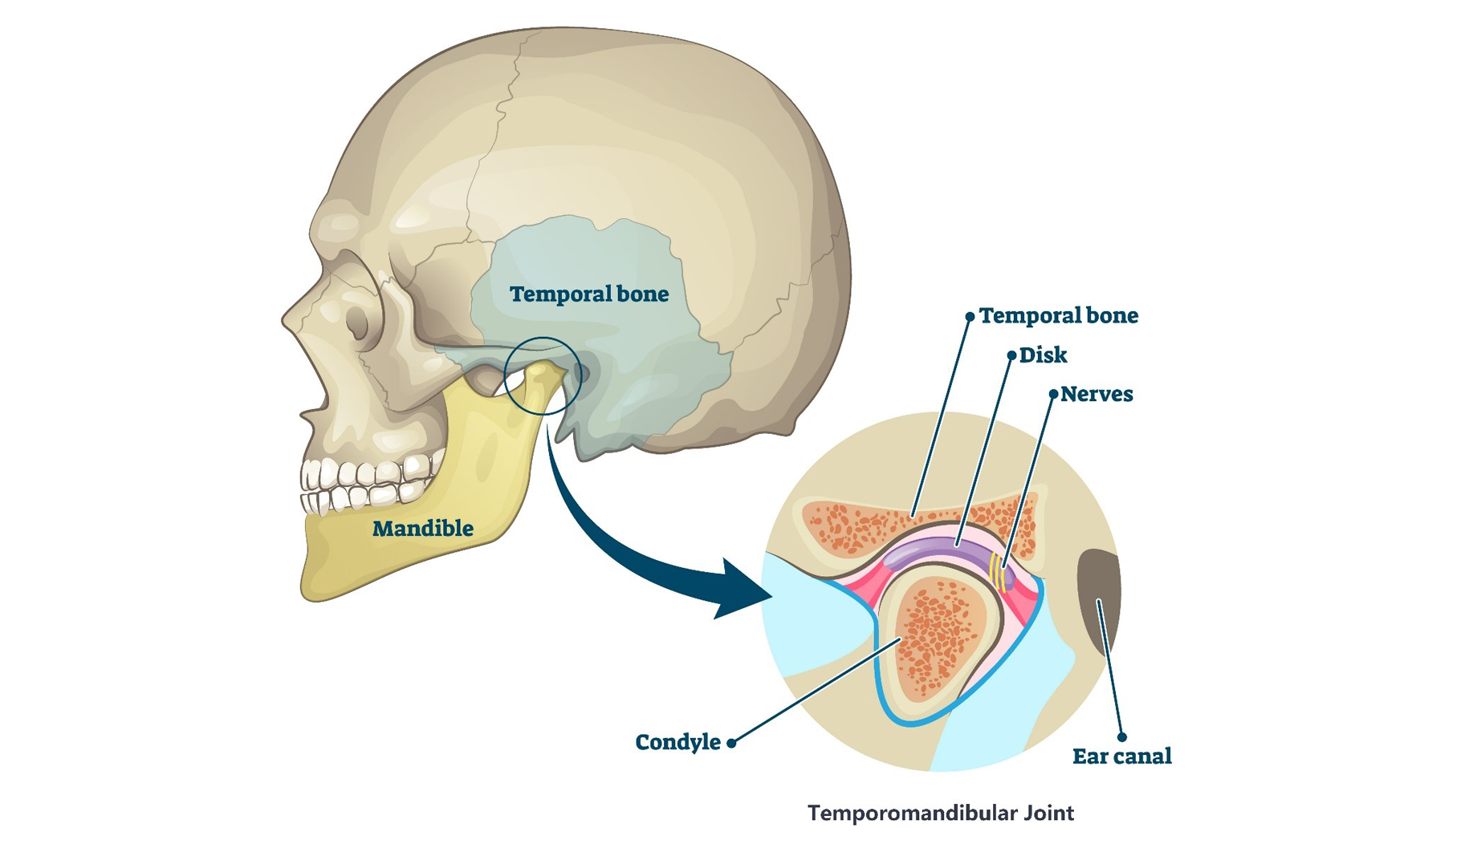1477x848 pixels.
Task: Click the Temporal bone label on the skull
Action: point(588,294)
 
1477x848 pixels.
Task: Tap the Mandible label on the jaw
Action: point(422,529)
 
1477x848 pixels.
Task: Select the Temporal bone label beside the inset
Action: point(1058,316)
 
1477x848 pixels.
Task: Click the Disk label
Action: point(1043,355)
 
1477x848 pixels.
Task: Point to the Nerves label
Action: point(1096,395)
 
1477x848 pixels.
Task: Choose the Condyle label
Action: point(677,743)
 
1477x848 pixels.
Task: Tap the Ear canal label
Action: point(1121,757)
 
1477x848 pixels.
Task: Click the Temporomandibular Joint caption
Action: point(940,814)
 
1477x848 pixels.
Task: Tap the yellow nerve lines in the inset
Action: point(998,571)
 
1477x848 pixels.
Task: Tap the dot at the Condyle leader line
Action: point(731,744)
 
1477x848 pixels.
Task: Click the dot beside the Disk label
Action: point(1011,355)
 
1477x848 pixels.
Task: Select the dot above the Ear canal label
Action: point(1121,736)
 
